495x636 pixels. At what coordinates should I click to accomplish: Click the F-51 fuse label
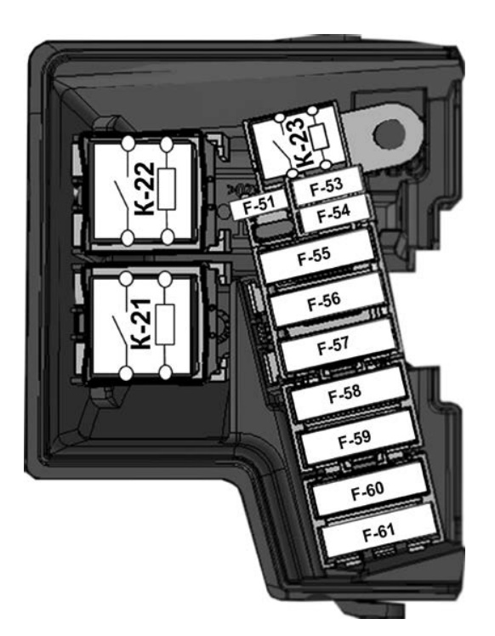click(x=259, y=205)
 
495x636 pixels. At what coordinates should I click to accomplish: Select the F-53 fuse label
click(x=326, y=186)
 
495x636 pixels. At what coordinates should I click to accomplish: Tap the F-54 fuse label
click(x=333, y=213)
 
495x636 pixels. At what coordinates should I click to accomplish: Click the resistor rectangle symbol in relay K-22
click(x=167, y=190)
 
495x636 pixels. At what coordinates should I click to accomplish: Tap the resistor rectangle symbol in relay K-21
click(x=165, y=325)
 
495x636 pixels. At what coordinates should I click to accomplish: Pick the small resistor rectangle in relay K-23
click(x=319, y=137)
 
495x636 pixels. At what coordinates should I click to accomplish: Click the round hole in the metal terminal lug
click(x=389, y=134)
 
